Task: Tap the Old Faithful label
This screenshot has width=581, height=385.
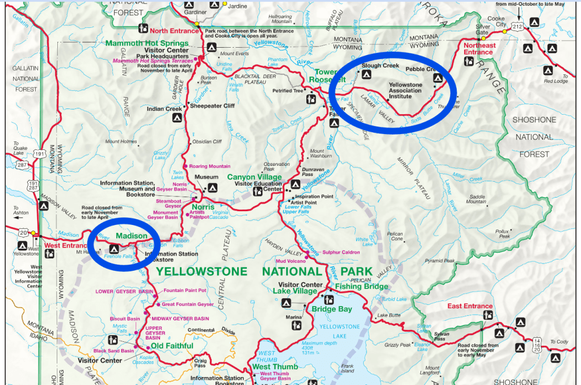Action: click(171, 346)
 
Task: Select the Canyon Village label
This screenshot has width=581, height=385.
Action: click(254, 177)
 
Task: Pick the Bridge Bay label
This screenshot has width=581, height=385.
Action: click(331, 309)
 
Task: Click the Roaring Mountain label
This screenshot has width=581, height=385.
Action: click(210, 166)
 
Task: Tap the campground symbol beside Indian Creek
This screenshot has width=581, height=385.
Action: click(176, 119)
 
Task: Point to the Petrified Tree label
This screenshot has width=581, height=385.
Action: click(287, 90)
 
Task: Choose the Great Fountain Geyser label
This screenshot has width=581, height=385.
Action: click(188, 304)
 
